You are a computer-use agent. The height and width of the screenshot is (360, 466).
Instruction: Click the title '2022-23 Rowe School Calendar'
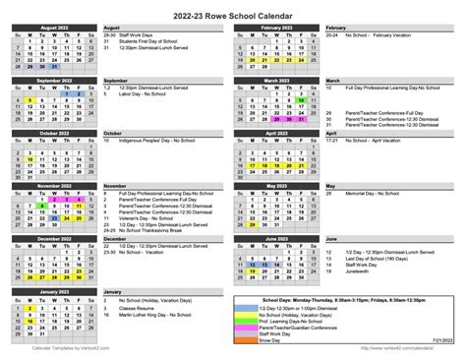[233, 14]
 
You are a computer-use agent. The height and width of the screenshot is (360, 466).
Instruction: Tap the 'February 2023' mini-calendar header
[277, 30]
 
